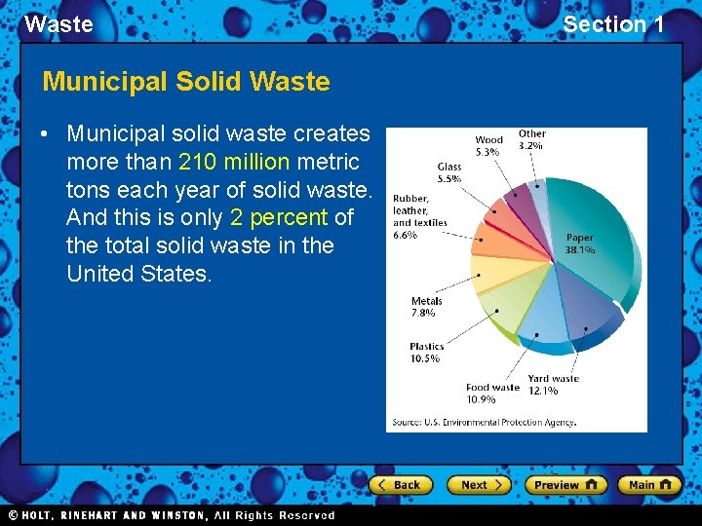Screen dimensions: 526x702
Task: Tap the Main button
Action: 650,484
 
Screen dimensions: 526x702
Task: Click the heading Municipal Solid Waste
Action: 186,81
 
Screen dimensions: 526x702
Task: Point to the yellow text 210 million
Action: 234,162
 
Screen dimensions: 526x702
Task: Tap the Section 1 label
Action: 613,24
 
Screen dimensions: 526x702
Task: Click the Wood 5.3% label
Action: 488,146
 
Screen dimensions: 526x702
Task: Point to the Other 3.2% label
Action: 531,139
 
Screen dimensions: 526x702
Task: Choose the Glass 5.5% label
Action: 448,173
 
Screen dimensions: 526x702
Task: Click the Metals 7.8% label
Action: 426,307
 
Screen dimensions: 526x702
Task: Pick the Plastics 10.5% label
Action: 426,352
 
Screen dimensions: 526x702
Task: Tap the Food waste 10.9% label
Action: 492,393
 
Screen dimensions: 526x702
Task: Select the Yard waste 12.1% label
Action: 553,385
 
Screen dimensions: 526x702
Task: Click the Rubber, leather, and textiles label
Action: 419,216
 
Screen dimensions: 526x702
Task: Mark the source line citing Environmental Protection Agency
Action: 484,423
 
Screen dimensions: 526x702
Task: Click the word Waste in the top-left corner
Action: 58,24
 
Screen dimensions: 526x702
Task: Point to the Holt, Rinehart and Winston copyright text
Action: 172,515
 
